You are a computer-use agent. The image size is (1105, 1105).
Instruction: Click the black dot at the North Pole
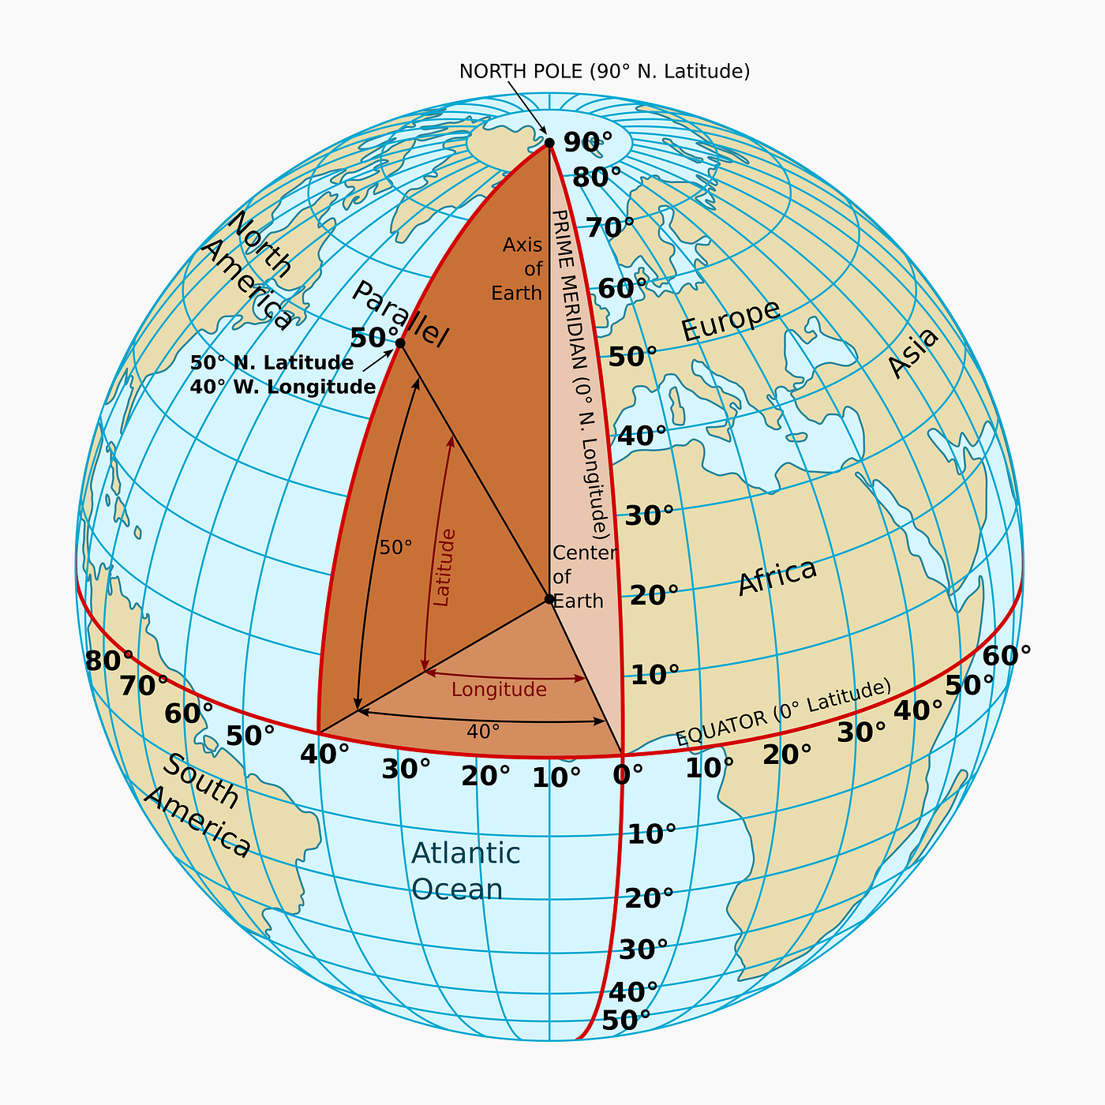click(549, 143)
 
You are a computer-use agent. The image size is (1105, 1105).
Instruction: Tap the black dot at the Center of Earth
click(549, 599)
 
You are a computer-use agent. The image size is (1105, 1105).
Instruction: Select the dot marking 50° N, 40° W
click(400, 343)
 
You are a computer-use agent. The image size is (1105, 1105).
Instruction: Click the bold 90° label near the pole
click(588, 143)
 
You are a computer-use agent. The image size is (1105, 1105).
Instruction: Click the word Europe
click(730, 320)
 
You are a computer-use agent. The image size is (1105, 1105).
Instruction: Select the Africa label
click(777, 577)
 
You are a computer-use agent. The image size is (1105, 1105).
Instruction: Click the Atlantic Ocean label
click(465, 871)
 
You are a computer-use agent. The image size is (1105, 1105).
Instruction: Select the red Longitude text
click(499, 690)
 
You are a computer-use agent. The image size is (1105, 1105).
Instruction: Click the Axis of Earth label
click(518, 269)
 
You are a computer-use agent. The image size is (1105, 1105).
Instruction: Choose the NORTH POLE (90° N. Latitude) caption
click(605, 71)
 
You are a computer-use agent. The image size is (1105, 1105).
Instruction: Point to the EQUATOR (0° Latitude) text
click(783, 713)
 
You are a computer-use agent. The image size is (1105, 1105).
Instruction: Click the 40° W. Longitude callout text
click(283, 388)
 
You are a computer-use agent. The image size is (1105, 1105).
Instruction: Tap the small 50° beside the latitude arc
click(395, 548)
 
